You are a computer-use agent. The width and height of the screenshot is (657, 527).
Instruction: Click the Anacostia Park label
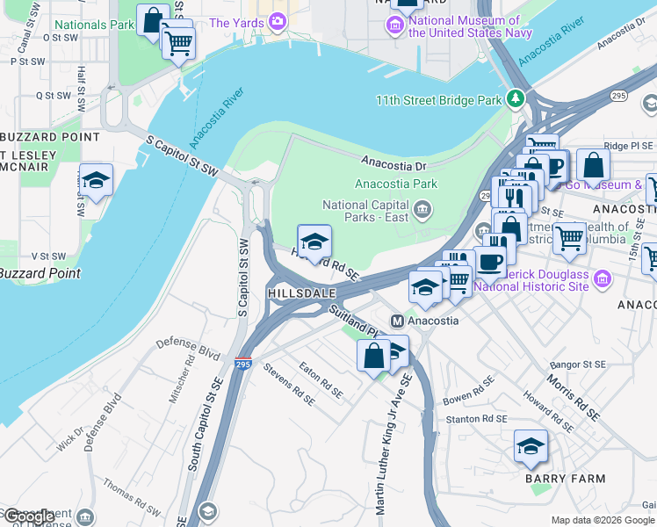click(x=395, y=184)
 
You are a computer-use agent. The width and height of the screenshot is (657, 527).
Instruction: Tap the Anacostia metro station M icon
click(x=397, y=321)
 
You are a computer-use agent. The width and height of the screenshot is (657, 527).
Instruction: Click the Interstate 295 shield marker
click(x=243, y=363)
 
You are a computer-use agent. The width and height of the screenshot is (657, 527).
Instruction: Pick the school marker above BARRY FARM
click(x=531, y=447)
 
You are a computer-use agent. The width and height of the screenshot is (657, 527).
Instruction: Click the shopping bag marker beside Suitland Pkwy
click(x=373, y=356)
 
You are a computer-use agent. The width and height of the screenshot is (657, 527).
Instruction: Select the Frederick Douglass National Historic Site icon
click(x=602, y=280)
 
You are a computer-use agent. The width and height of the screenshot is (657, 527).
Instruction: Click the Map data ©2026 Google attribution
click(x=603, y=520)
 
